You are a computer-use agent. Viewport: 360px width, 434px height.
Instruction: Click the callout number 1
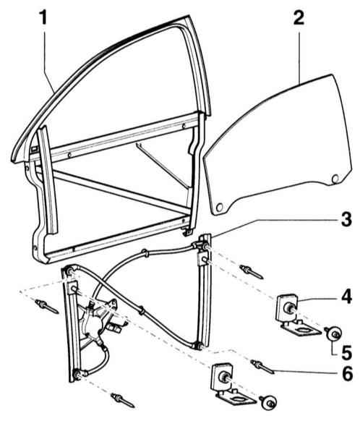43,17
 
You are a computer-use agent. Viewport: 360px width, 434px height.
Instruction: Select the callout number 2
299,17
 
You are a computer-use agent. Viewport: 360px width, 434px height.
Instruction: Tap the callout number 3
346,219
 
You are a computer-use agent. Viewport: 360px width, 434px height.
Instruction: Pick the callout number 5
346,352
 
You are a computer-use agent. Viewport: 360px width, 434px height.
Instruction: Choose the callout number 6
347,373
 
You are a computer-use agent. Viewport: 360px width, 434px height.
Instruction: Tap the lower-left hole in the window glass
220,208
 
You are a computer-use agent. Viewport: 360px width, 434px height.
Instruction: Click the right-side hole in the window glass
335,179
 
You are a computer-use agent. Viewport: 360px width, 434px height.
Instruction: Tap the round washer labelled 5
333,333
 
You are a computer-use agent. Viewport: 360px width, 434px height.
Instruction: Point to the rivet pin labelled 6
262,367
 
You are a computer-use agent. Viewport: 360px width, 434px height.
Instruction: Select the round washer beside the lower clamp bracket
268,402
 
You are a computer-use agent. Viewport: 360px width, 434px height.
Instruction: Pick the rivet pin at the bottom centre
123,400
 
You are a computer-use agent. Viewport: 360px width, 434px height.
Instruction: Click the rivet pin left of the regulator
47,307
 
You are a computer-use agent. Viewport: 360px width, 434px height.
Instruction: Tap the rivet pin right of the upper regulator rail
252,272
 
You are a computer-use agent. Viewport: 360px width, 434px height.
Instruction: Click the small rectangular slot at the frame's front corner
34,148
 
